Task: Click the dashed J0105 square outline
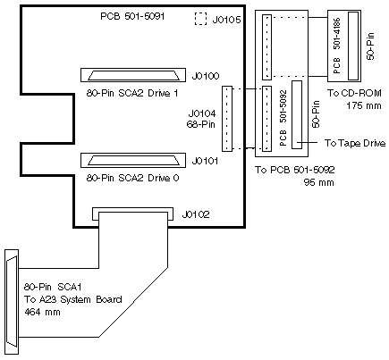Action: click(x=195, y=19)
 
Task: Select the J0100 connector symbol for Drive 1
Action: click(x=133, y=75)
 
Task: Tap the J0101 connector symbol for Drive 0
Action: click(x=133, y=161)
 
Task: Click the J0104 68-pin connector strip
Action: click(x=227, y=119)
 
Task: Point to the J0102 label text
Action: click(x=196, y=214)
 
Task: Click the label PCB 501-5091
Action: click(x=132, y=16)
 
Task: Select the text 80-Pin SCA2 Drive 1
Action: click(x=132, y=93)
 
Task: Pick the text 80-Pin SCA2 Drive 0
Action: click(x=132, y=178)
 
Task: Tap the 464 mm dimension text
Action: click(x=42, y=312)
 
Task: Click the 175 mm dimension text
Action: click(x=364, y=105)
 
